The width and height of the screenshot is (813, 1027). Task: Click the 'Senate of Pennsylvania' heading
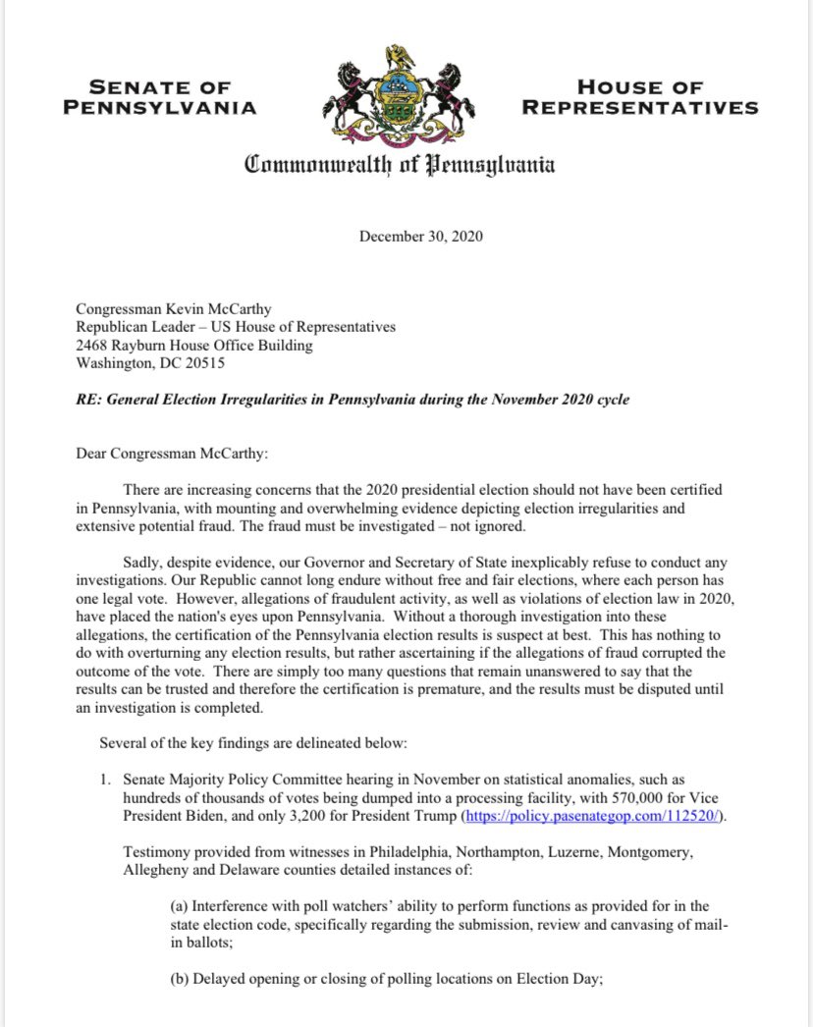tap(159, 97)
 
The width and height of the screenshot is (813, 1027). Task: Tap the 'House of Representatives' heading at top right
tap(640, 97)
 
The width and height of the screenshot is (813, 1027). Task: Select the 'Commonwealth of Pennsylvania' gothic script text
tap(400, 164)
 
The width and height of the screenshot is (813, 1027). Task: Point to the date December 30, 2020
tap(420, 236)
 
